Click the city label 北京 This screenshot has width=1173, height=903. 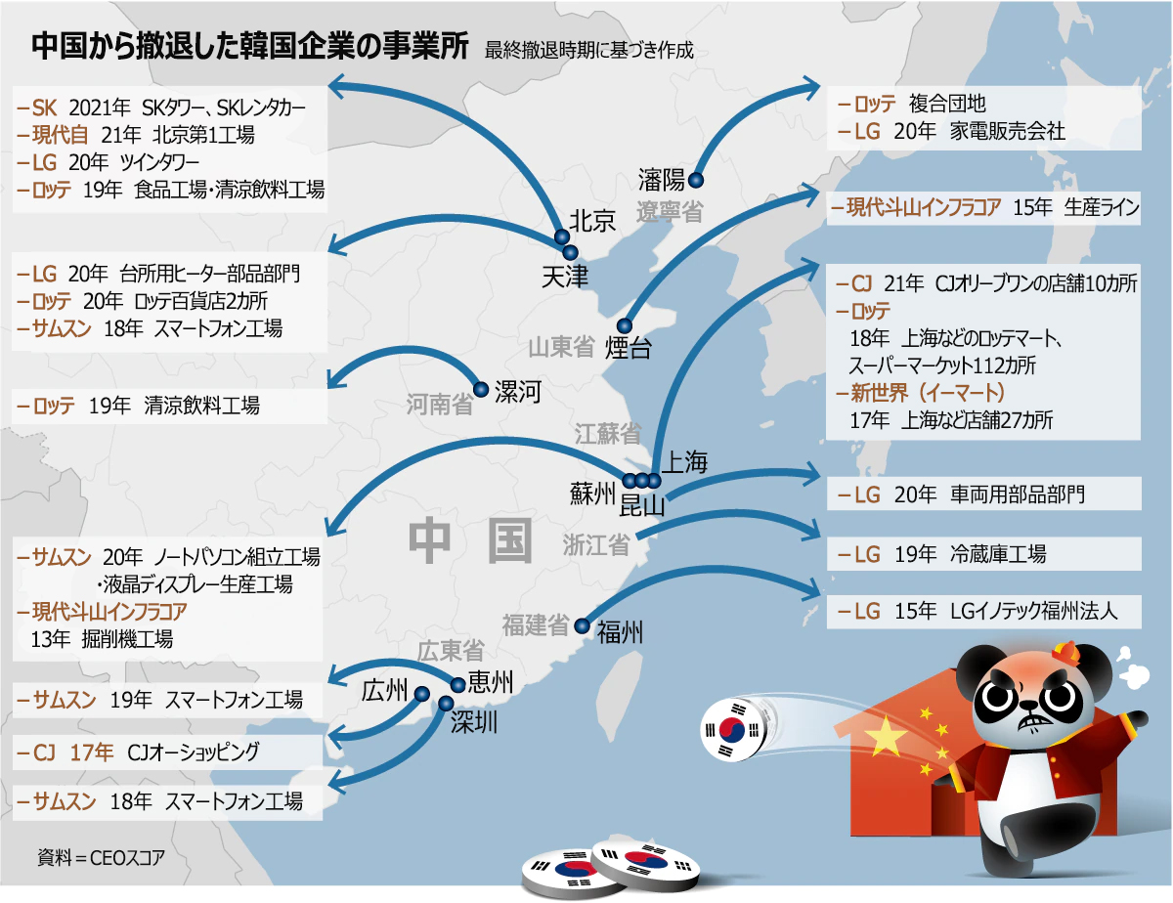point(592,221)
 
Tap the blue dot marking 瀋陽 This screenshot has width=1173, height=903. point(696,180)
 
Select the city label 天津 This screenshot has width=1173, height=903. point(564,277)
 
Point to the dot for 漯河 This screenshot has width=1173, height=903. point(480,389)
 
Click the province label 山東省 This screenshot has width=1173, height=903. point(561,347)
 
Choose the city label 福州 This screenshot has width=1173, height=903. point(620,632)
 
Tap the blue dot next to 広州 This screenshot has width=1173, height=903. point(422,694)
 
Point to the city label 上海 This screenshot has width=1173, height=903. point(684,463)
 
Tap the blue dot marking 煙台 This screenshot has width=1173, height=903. point(625,326)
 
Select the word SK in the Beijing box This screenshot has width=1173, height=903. point(45,106)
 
